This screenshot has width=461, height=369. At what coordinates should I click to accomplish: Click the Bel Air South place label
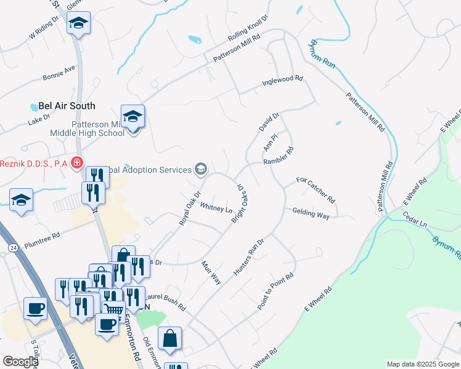pyautogui.click(x=67, y=106)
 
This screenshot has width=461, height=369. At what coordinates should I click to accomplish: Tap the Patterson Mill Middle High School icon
pyautogui.click(x=133, y=116)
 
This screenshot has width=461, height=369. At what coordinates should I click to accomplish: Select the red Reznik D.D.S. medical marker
pyautogui.click(x=77, y=163)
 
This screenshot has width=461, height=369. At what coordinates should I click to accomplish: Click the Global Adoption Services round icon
pyautogui.click(x=200, y=169)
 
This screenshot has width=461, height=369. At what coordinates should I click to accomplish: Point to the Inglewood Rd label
pyautogui.click(x=283, y=79)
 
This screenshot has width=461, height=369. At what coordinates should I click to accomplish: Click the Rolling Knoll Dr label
pyautogui.click(x=249, y=29)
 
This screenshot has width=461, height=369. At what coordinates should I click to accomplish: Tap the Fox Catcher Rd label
pyautogui.click(x=315, y=190)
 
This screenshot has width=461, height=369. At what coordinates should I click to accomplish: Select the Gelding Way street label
pyautogui.click(x=311, y=213)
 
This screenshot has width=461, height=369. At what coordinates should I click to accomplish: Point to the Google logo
pyautogui.click(x=20, y=361)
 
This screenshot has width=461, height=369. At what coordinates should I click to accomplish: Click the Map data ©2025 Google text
pyautogui.click(x=423, y=364)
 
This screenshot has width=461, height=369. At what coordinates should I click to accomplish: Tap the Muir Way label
pyautogui.click(x=211, y=272)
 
